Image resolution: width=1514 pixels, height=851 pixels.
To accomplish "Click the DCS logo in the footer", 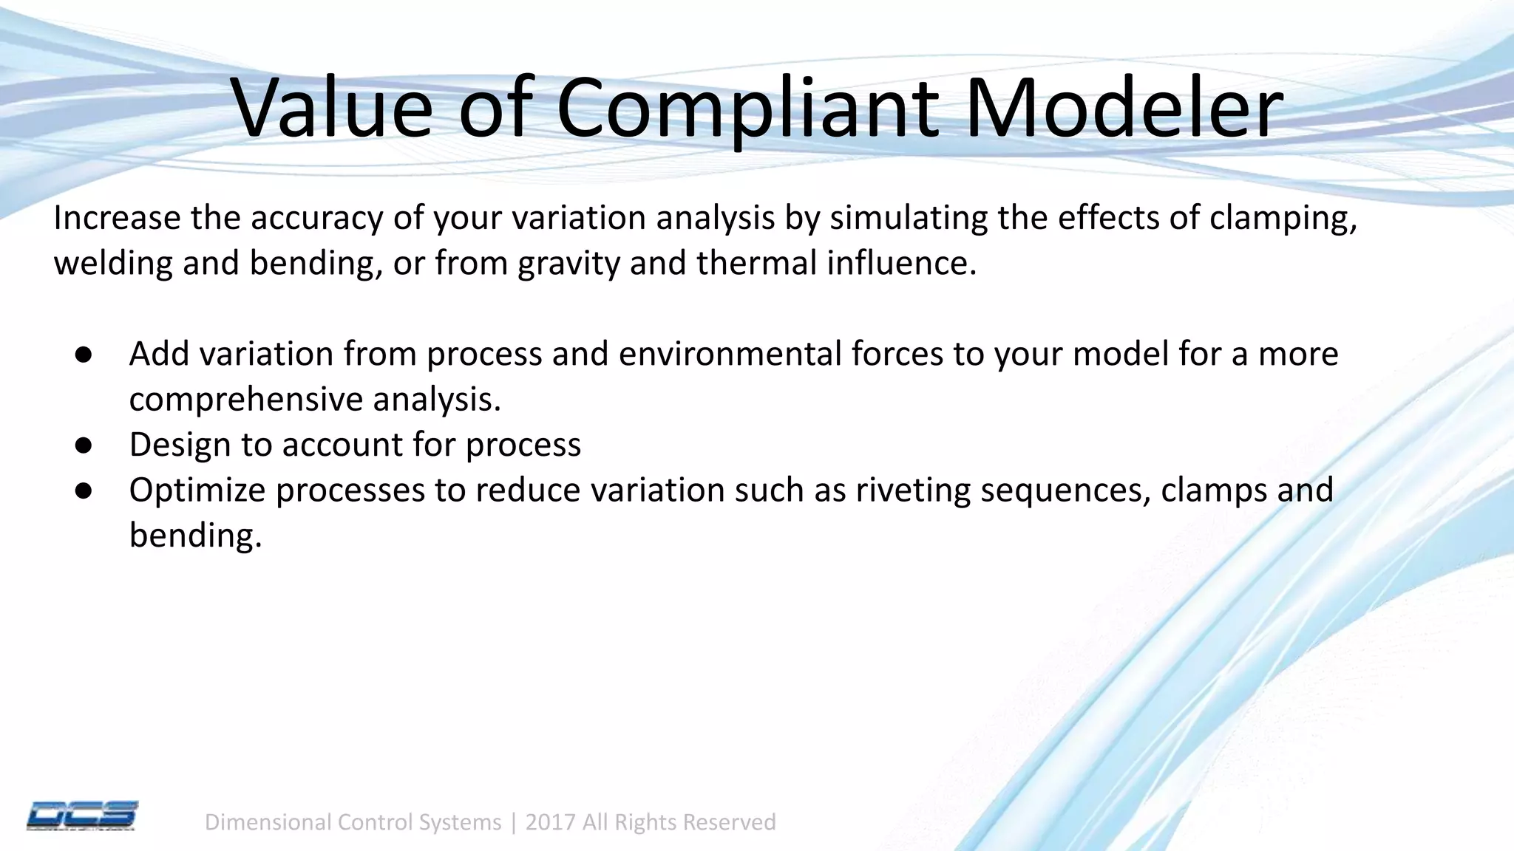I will (x=82, y=816).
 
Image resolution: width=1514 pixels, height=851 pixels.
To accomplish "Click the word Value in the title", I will (x=332, y=109).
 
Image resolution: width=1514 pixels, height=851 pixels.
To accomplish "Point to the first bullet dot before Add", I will (x=83, y=355).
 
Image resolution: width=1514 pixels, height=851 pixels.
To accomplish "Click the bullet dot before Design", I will (x=83, y=445).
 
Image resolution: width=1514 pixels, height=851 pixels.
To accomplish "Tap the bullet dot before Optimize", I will (x=83, y=491).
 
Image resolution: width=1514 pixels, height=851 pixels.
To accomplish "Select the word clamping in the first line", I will (x=1283, y=219).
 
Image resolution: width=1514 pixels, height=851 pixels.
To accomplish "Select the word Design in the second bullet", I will (x=180, y=445).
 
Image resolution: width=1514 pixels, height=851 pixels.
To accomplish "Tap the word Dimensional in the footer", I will (x=265, y=822).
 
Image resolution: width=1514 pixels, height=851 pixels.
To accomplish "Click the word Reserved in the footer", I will (x=729, y=822).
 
